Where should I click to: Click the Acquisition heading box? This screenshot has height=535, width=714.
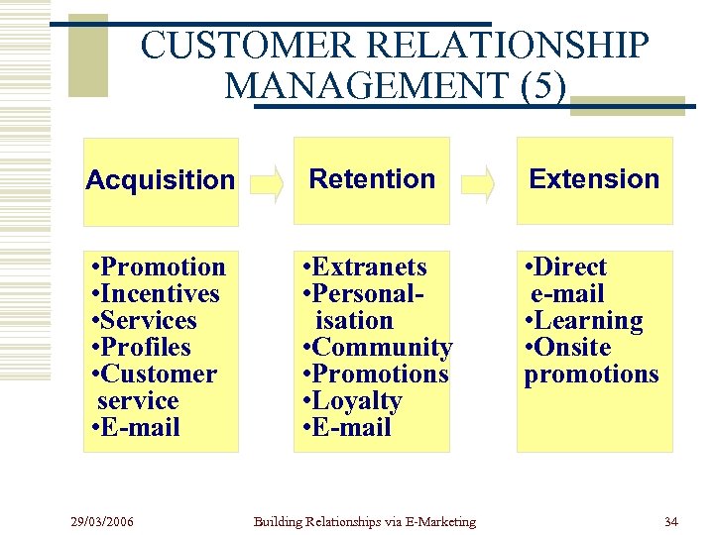click(x=161, y=180)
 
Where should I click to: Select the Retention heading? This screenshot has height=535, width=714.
click(x=372, y=179)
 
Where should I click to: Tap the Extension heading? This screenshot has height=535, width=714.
click(x=594, y=179)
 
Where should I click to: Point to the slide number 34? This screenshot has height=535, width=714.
click(x=671, y=521)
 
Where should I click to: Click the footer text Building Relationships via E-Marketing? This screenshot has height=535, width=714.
click(x=364, y=521)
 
